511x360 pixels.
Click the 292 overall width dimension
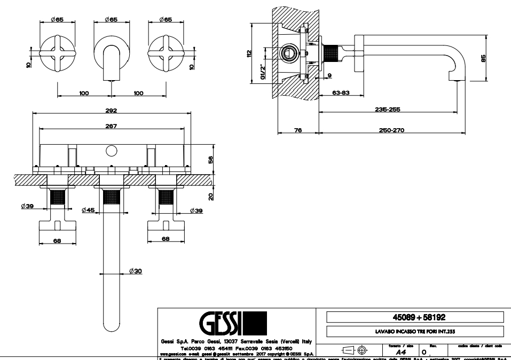coord(111,111)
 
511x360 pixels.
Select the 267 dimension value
coord(111,126)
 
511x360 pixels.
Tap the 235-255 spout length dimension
coord(388,109)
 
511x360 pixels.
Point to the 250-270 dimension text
coord(392,130)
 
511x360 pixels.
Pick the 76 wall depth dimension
coord(298,130)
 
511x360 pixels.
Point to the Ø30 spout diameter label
coord(136,271)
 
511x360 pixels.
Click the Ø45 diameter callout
coord(88,210)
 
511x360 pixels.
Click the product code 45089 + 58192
coord(415,317)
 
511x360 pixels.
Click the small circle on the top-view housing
coord(111,151)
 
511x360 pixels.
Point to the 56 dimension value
coord(211,159)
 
